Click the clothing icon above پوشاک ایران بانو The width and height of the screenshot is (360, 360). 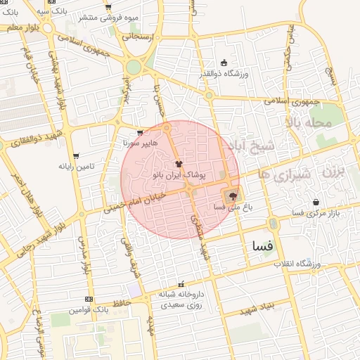[x=178, y=163]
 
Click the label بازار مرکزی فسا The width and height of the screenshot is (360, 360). [x=315, y=212]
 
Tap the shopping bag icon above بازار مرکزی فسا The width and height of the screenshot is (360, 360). [x=316, y=202]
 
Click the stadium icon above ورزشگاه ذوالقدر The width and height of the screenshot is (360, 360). [x=224, y=63]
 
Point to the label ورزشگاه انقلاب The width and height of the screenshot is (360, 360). [x=297, y=264]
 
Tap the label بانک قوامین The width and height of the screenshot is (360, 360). [x=88, y=309]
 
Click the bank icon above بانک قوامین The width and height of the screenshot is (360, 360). [x=88, y=299]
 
